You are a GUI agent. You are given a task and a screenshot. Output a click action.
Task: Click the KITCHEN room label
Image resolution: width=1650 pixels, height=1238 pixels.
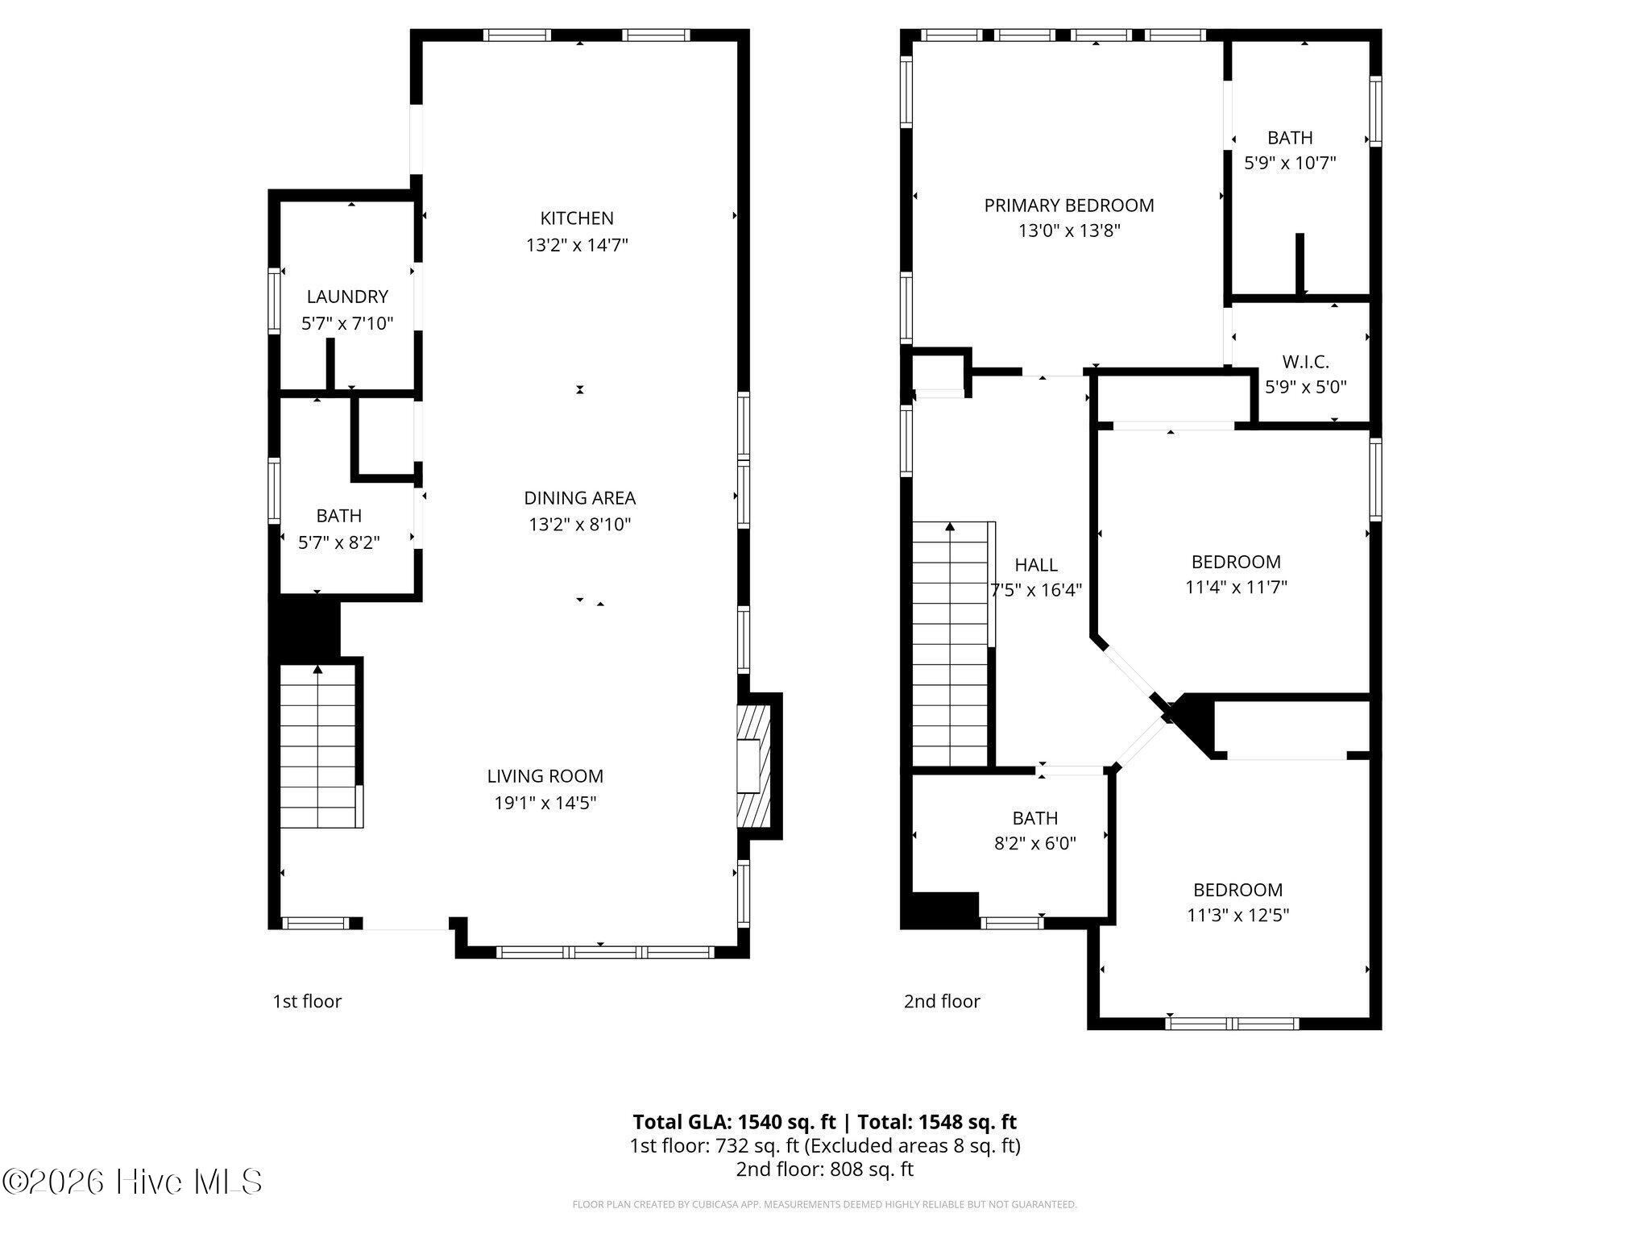click(577, 218)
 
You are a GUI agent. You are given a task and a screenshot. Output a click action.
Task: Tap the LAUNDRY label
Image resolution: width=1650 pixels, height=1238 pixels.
click(347, 297)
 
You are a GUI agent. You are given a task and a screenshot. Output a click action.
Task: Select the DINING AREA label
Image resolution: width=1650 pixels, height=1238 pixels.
click(580, 498)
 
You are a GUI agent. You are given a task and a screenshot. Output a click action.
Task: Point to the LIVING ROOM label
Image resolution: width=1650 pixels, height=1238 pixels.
click(545, 776)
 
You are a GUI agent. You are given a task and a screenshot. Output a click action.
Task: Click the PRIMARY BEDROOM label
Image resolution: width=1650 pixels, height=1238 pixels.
click(1069, 206)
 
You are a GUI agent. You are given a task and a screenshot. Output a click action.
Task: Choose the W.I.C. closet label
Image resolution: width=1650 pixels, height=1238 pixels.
click(1306, 362)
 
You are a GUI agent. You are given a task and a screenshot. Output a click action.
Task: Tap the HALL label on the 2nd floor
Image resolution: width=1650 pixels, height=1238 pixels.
click(1036, 565)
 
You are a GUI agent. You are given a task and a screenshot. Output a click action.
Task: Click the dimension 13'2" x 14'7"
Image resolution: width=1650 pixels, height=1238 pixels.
click(577, 244)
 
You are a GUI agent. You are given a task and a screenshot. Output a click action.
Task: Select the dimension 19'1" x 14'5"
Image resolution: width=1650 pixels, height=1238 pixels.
click(545, 803)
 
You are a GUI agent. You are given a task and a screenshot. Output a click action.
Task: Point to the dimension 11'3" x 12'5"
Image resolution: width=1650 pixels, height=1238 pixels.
click(1238, 916)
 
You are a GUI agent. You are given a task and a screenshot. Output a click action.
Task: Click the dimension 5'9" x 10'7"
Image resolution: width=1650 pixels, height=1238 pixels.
click(1291, 163)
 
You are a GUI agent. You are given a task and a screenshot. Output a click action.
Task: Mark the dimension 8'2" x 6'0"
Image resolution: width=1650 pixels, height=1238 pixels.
click(1035, 844)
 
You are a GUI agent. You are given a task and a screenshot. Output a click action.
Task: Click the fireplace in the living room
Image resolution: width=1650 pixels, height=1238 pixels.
click(755, 766)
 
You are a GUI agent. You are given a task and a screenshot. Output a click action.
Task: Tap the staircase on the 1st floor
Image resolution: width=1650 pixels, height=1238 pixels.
click(319, 746)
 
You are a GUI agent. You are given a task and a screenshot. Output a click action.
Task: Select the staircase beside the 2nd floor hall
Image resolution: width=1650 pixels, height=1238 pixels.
click(951, 645)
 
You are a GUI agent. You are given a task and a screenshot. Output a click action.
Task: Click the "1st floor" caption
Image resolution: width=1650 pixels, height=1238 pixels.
click(307, 1001)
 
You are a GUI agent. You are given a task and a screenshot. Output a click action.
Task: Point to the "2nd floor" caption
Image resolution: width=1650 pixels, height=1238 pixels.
click(942, 1001)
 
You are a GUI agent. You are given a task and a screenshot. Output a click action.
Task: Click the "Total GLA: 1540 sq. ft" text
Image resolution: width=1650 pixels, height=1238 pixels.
click(735, 1122)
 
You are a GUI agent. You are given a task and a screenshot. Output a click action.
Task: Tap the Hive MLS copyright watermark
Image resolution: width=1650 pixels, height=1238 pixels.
click(132, 1182)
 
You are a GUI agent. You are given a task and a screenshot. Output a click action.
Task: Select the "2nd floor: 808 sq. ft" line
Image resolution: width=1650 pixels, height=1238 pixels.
click(825, 1169)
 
